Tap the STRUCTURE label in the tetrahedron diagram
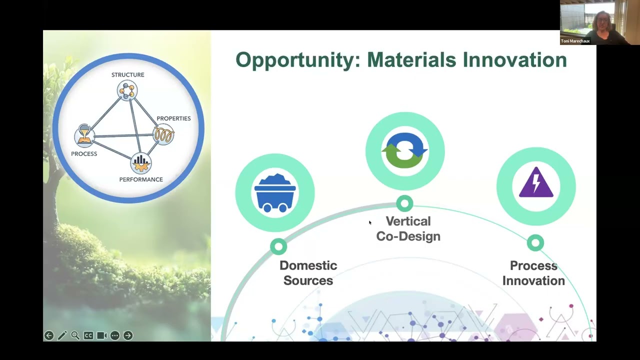[127, 75]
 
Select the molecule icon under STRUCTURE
[127, 90]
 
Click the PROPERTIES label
[173, 118]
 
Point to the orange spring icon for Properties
[163, 134]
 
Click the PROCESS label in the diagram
[84, 154]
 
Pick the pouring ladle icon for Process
[85, 135]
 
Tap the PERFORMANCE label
[141, 179]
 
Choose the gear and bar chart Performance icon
[141, 163]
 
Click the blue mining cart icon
[275, 193]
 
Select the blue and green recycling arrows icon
[405, 150]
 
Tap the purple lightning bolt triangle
[536, 182]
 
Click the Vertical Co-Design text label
[408, 229]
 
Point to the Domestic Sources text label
[308, 273]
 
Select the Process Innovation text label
[533, 273]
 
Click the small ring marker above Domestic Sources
[278, 246]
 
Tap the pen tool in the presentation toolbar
[62, 335]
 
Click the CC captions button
[88, 335]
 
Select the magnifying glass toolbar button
[75, 335]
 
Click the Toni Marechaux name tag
[575, 41]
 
